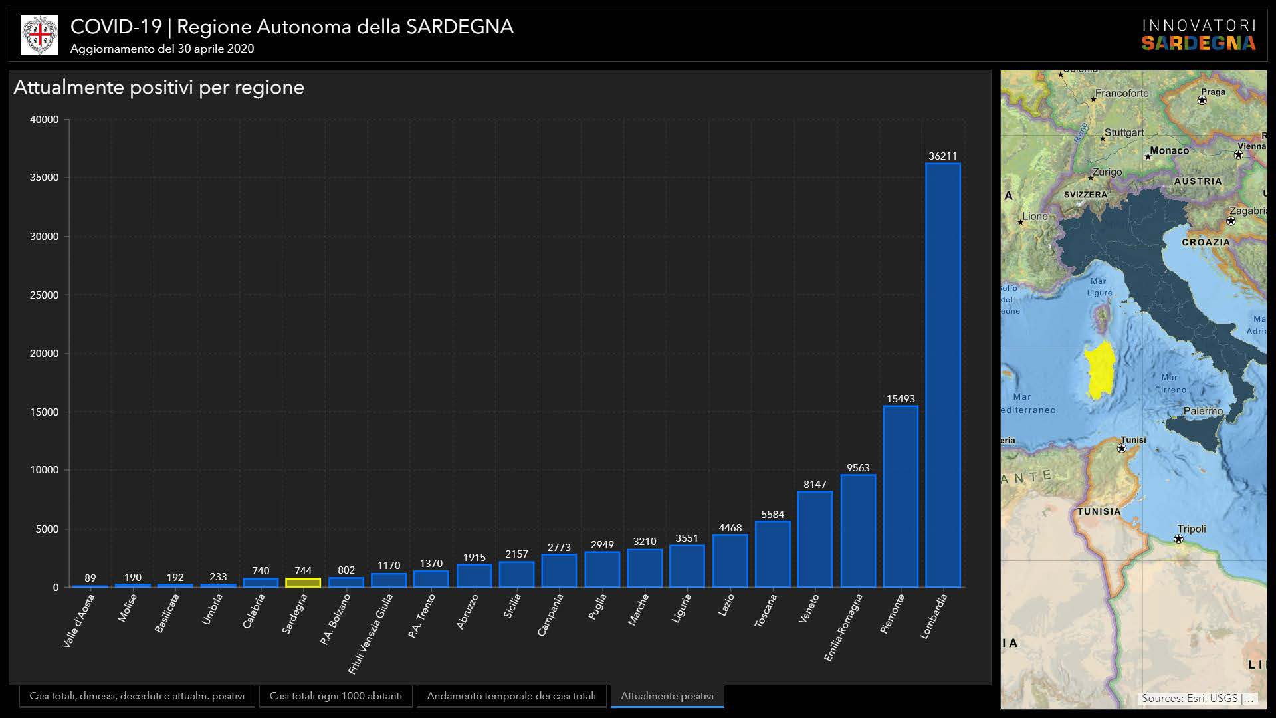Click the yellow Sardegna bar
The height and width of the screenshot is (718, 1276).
click(x=303, y=583)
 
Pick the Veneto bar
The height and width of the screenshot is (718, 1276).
click(x=815, y=539)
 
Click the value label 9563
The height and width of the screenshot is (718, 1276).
click(x=858, y=468)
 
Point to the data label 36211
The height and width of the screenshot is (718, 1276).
click(x=942, y=156)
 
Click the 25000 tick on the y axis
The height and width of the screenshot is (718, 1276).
click(x=44, y=295)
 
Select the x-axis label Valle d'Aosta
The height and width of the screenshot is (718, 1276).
click(x=78, y=620)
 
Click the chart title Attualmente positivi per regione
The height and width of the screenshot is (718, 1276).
click(x=159, y=88)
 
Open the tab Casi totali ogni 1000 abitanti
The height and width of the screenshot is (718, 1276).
click(x=336, y=696)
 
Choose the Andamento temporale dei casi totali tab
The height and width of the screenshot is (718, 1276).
click(x=511, y=696)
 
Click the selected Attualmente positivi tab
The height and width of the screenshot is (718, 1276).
click(x=667, y=696)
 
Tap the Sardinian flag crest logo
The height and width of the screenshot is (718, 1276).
click(x=39, y=35)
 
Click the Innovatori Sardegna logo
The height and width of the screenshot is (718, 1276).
click(x=1198, y=35)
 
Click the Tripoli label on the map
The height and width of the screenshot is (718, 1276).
click(x=1191, y=529)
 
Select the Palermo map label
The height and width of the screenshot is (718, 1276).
click(x=1203, y=411)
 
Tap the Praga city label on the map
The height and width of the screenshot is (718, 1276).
click(x=1213, y=92)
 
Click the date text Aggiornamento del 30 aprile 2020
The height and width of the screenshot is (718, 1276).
click(x=162, y=49)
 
